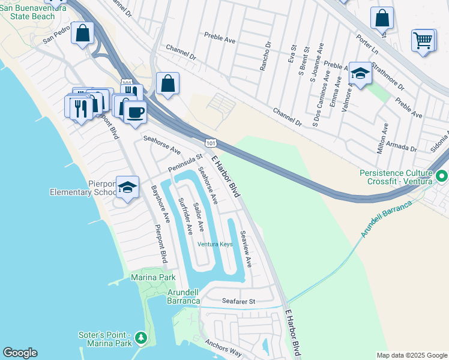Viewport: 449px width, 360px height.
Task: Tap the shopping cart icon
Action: pyautogui.click(x=423, y=40)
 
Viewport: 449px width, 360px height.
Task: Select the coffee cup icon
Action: pyautogui.click(x=136, y=112)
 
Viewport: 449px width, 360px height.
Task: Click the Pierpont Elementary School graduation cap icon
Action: pyautogui.click(x=127, y=187)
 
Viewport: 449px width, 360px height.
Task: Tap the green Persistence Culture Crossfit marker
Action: pyautogui.click(x=442, y=176)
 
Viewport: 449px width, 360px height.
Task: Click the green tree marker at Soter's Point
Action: pyautogui.click(x=141, y=338)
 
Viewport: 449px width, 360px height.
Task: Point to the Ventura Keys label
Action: pyautogui.click(x=215, y=244)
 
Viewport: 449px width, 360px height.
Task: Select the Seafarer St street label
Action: pyautogui.click(x=238, y=301)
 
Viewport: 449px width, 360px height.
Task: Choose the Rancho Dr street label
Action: pyautogui.click(x=263, y=59)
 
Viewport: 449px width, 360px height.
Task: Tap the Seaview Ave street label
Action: pyautogui.click(x=245, y=248)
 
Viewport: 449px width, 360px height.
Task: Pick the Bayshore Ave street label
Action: pyautogui.click(x=160, y=204)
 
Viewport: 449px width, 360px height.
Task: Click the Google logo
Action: pyautogui.click(x=20, y=353)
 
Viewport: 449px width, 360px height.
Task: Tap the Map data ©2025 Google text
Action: pyautogui.click(x=412, y=355)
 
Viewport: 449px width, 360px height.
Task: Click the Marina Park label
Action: pyautogui.click(x=153, y=278)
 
